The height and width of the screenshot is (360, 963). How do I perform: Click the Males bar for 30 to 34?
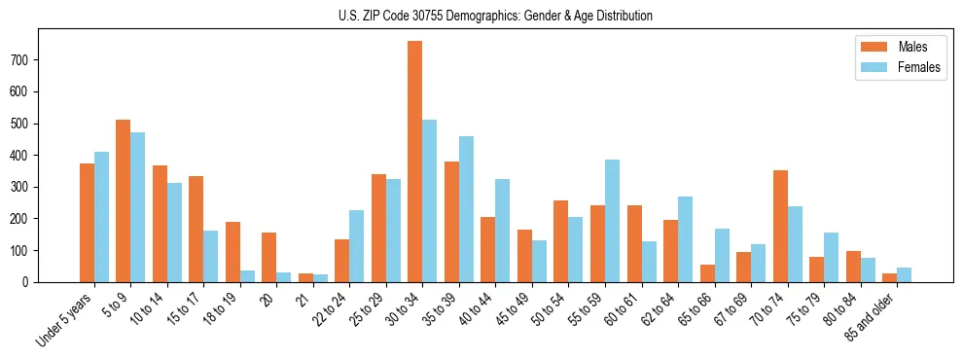pyautogui.click(x=415, y=162)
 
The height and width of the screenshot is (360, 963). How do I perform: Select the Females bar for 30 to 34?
pyautogui.click(x=430, y=200)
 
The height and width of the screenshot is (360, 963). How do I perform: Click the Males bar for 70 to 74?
pyautogui.click(x=780, y=226)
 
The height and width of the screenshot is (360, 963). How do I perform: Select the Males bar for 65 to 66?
pyautogui.click(x=707, y=273)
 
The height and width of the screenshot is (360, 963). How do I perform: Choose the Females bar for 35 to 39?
pyautogui.click(x=466, y=209)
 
